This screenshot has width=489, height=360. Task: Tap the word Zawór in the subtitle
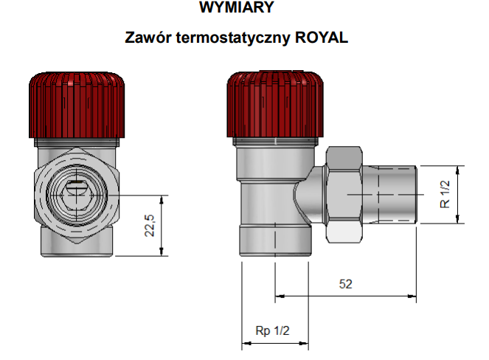pyautogui.click(x=148, y=37)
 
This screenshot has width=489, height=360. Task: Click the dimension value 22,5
pyautogui.click(x=150, y=226)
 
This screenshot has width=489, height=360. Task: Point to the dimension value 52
pyautogui.click(x=345, y=284)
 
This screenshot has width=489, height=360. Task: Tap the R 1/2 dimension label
pyautogui.click(x=445, y=194)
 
